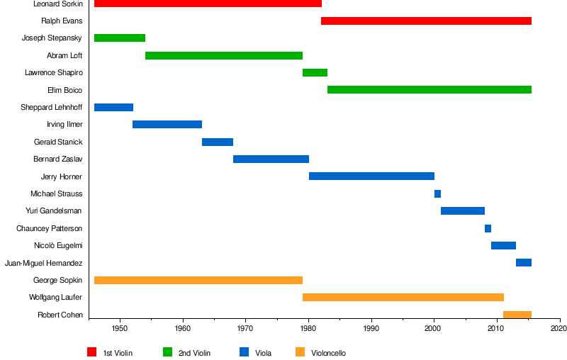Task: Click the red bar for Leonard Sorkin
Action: [208, 4]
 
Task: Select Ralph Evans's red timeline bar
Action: [426, 21]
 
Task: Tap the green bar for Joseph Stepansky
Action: [120, 38]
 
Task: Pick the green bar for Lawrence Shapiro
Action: [315, 72]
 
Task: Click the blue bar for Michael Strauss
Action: [437, 193]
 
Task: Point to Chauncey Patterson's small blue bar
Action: [488, 228]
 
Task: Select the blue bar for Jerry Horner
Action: [371, 176]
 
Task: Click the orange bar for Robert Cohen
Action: [517, 315]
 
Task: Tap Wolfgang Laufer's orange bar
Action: [403, 298]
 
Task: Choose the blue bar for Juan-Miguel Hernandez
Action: [524, 263]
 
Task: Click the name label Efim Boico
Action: [64, 90]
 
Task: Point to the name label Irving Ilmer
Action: [64, 125]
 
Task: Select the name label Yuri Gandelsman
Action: [53, 211]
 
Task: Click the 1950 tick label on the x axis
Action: [120, 329]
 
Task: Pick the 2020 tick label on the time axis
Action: [559, 329]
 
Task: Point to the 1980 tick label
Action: [308, 329]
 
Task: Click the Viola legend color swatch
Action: [245, 352]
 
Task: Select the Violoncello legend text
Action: [328, 353]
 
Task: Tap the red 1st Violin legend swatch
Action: [92, 352]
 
